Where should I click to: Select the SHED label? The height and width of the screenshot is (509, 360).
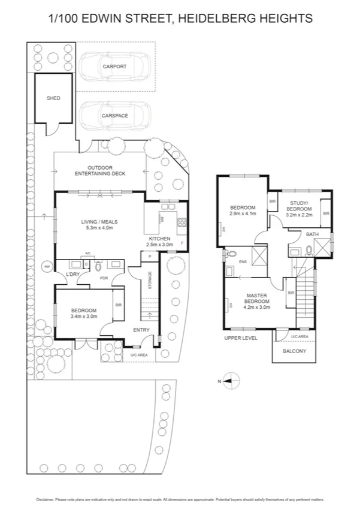tap(54, 98)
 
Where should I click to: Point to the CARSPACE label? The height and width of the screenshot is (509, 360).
tap(114, 115)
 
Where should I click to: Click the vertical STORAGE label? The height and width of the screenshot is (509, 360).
tap(150, 282)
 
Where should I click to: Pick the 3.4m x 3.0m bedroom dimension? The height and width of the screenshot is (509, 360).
tap(84, 316)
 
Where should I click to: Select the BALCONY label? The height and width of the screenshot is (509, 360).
tap(294, 351)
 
